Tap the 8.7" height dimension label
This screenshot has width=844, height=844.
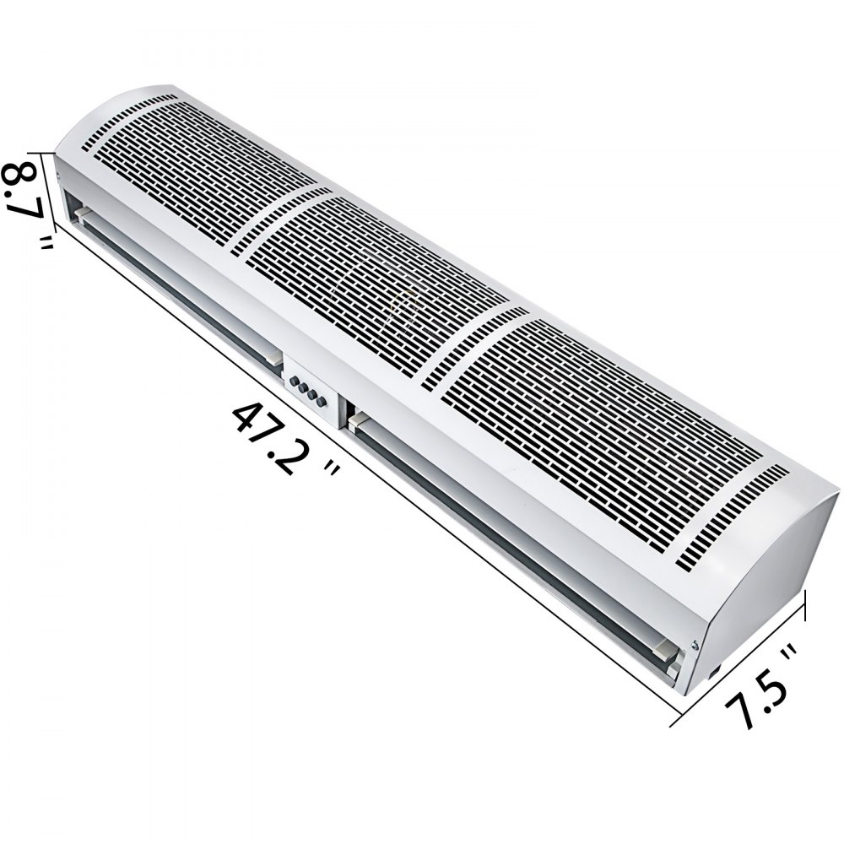[25, 201]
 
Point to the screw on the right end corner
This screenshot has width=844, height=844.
[694, 646]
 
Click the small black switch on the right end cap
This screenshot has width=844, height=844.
[714, 671]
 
